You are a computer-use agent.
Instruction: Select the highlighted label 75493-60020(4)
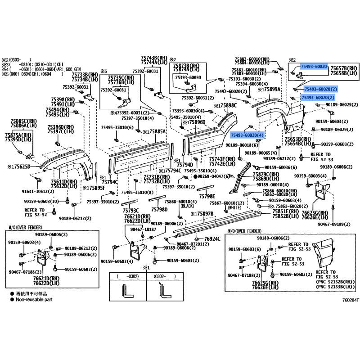click(x=247, y=135)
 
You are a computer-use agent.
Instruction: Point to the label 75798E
click(x=207, y=196)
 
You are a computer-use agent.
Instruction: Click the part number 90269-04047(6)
click(x=211, y=177)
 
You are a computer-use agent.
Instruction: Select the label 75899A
click(x=271, y=90)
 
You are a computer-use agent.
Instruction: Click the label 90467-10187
click(x=143, y=229)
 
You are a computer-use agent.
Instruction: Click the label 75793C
click(x=130, y=211)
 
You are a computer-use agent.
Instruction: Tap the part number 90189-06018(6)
click(x=242, y=145)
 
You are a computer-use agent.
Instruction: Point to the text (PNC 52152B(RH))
click(x=334, y=282)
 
